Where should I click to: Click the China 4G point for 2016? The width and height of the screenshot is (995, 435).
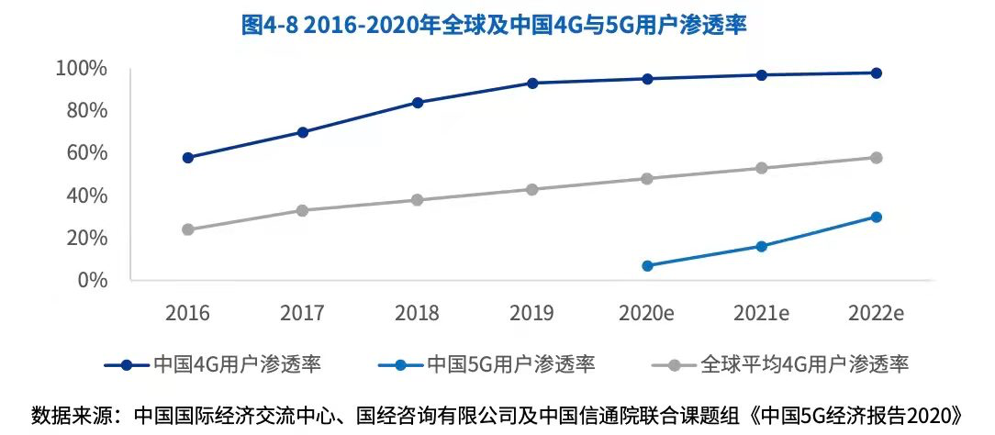188,158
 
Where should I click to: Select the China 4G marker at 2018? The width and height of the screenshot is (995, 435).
418,103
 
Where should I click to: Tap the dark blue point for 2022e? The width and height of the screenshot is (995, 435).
877,73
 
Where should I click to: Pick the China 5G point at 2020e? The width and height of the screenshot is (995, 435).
647,266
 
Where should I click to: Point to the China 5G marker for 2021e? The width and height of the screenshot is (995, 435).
762,246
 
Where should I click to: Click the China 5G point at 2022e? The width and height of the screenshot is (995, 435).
877,217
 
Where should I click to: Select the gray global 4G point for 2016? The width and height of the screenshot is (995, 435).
188,229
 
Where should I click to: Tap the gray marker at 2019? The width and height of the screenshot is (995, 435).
532,189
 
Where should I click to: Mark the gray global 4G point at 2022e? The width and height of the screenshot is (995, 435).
877,158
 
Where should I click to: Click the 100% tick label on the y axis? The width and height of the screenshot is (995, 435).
82,69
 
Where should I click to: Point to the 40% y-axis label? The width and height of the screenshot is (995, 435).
86,195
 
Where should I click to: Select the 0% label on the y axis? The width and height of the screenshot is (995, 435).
91,280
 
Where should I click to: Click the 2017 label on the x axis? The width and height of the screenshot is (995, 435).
302,314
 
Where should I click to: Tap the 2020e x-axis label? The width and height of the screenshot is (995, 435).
647,314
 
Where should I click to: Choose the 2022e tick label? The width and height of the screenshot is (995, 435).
877,314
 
